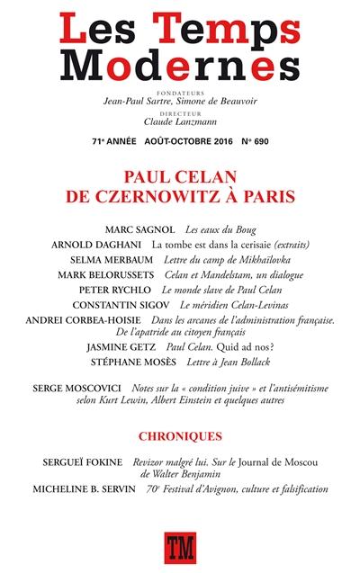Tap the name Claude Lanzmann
pos(179,121)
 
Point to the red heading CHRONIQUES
pos(180,436)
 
